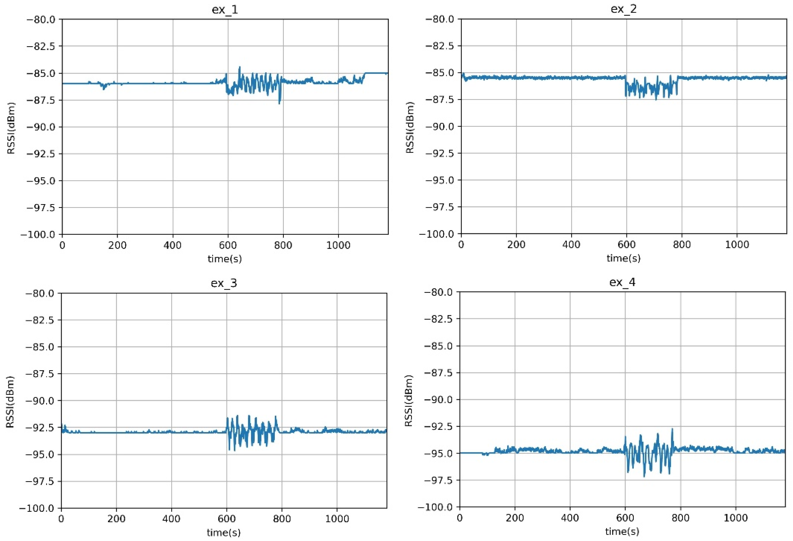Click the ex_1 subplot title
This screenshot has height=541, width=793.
pyautogui.click(x=225, y=10)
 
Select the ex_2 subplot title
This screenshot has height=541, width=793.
pyautogui.click(x=623, y=9)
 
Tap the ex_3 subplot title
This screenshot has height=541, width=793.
pyautogui.click(x=224, y=283)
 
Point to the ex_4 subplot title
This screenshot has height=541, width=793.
pyautogui.click(x=622, y=282)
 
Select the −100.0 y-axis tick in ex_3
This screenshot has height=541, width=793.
pyautogui.click(x=37, y=508)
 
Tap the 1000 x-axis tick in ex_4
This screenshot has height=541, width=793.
pyautogui.click(x=736, y=518)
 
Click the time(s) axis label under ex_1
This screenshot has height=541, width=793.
pyautogui.click(x=225, y=259)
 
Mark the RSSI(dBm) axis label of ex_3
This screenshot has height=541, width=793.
pyautogui.click(x=10, y=402)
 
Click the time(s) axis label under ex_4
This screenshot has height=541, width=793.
pyautogui.click(x=622, y=531)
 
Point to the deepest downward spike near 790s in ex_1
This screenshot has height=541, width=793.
pyautogui.click(x=279, y=103)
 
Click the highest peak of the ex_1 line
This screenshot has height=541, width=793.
pyautogui.click(x=240, y=67)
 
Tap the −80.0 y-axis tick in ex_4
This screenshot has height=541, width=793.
pyautogui.click(x=438, y=292)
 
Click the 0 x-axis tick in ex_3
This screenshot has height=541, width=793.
pyautogui.click(x=61, y=519)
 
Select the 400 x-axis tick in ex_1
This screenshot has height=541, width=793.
pyautogui.click(x=172, y=245)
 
